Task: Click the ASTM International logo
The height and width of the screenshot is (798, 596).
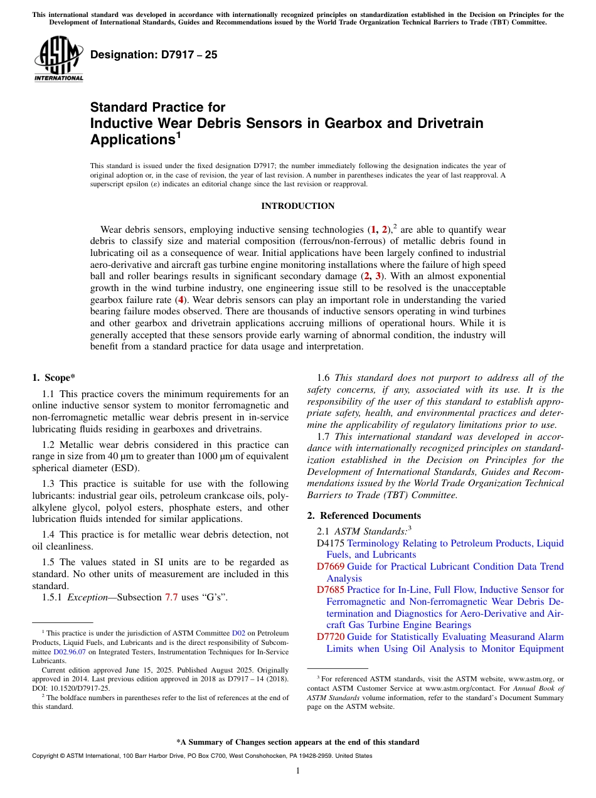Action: tap(58, 59)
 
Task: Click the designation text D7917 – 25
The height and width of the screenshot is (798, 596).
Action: tap(154, 55)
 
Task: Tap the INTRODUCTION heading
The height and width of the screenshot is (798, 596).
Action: tap(297, 206)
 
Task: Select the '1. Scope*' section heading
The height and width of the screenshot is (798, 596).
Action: tap(53, 378)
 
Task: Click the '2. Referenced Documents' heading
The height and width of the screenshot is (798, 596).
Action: tap(364, 516)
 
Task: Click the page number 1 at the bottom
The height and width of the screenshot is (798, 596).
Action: tap(297, 771)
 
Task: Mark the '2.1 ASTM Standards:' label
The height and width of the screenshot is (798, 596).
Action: tap(362, 531)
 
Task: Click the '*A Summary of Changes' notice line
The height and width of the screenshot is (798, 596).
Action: tap(297, 742)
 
